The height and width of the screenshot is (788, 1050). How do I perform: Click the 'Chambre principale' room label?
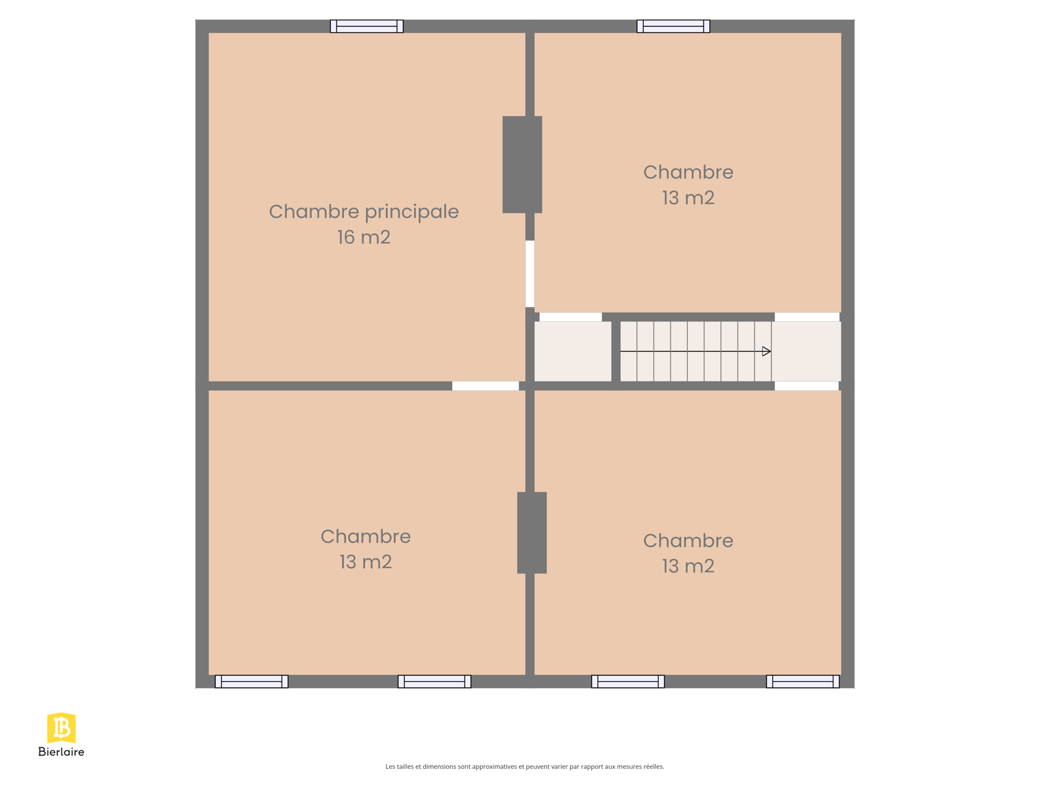coord(364,212)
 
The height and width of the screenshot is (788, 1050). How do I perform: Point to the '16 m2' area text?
coord(364,237)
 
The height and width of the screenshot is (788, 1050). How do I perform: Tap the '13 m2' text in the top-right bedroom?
coord(688,198)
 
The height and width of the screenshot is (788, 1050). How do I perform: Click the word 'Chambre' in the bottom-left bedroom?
coord(366,536)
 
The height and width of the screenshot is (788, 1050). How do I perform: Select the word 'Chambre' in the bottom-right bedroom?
coord(688,540)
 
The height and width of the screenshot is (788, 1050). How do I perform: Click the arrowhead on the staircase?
coord(766,352)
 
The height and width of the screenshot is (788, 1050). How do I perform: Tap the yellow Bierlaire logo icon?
coord(61,728)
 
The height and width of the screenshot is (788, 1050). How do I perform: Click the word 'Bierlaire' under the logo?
coord(61,752)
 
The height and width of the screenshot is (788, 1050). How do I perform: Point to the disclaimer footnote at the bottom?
coord(525,767)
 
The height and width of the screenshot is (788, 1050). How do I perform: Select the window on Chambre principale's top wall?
coord(367,26)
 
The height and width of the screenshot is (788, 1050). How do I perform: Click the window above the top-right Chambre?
coord(673,26)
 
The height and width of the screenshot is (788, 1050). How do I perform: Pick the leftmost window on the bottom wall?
coord(251,682)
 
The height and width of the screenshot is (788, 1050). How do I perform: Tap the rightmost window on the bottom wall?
coord(803,682)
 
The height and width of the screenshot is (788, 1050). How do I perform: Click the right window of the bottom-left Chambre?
coord(434,682)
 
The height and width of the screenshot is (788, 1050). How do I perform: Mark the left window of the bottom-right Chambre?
coord(628,682)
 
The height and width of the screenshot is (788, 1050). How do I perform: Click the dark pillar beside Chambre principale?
coord(522,165)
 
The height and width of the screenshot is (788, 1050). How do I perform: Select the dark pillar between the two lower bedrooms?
coord(532,533)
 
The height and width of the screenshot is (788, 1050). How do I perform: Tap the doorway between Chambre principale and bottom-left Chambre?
coord(486,385)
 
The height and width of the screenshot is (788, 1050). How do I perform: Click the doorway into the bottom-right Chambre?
coord(807,385)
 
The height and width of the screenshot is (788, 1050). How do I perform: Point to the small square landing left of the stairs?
coord(573,352)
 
